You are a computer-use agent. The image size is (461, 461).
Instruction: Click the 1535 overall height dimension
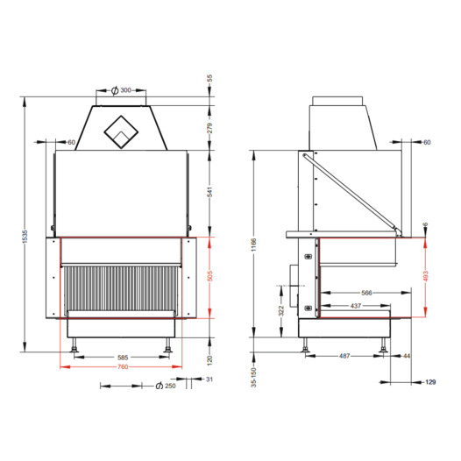(25, 237)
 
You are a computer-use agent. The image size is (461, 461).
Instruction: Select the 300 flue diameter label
(126, 90)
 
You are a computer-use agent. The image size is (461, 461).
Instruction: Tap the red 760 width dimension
(123, 367)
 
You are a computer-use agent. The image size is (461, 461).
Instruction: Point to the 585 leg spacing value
(123, 358)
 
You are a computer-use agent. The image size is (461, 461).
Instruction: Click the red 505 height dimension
(210, 276)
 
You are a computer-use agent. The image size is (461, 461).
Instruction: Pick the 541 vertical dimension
(210, 192)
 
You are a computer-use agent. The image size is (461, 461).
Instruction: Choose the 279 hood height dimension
(210, 128)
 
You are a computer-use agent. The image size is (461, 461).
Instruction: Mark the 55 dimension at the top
(209, 78)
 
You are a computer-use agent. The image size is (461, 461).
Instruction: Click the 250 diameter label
(170, 386)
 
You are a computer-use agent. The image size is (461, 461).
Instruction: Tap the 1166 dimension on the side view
(254, 245)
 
